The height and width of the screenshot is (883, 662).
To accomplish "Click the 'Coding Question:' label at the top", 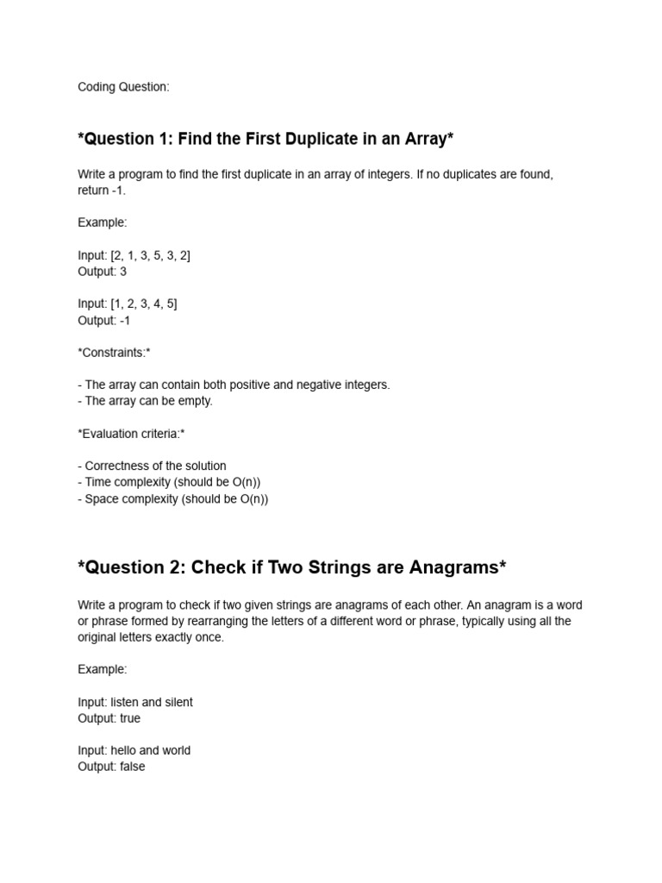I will point(123,87).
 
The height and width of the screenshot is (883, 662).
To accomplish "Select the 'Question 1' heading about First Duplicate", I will point(265,138).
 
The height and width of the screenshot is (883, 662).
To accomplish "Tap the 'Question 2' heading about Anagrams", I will point(291,567).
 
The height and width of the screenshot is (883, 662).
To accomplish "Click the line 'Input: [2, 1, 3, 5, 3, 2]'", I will point(134,255).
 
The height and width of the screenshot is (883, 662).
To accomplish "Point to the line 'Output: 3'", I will point(103,272).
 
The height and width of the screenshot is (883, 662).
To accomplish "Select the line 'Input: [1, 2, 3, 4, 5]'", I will point(127,304).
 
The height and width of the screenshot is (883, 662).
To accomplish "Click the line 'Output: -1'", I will point(104,320).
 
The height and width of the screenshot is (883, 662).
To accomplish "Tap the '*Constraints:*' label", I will point(114,353).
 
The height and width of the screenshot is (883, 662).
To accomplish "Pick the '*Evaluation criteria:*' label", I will point(131,434).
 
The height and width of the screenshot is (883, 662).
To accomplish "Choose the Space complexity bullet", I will point(172,499).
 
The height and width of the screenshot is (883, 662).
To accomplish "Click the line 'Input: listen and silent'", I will point(135,702).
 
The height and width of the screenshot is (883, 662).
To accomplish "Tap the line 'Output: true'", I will point(109,718).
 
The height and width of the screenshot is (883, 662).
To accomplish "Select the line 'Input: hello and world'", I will point(134,750).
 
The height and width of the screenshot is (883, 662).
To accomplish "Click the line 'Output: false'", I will point(111,767).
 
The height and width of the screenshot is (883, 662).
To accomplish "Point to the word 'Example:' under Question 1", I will point(102,222).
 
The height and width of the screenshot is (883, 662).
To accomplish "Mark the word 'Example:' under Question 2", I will point(102,669).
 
